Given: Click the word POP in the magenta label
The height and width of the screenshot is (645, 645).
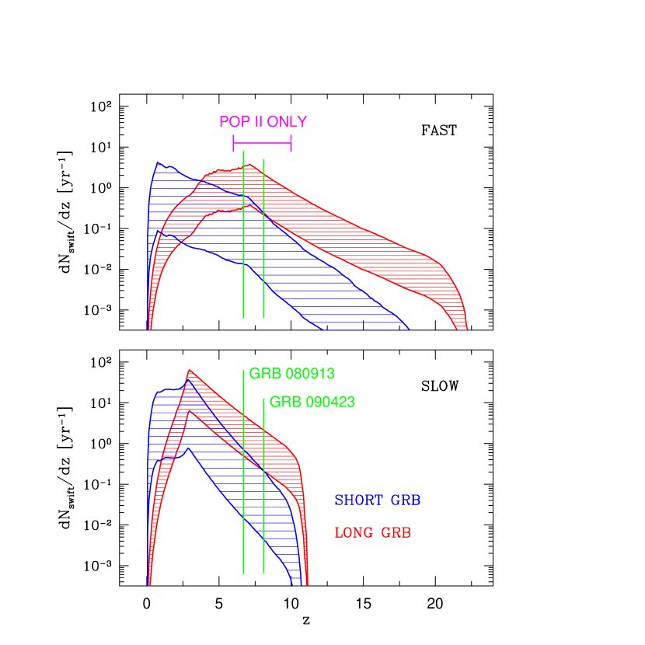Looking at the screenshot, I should tap(231, 122).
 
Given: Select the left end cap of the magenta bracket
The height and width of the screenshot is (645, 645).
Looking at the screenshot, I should tap(233, 143).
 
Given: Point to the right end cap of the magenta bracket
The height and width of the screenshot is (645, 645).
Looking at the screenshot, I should tap(291, 143).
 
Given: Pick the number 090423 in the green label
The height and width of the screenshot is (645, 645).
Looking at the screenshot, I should tap(330, 403).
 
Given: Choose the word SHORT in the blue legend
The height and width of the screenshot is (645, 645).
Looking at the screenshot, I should tap(357, 500).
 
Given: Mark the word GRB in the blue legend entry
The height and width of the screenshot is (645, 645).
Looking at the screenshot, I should tap(406, 500).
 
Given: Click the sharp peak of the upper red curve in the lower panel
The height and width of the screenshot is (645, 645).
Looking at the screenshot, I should tap(188, 371).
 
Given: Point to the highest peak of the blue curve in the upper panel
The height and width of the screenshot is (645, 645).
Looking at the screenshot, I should tap(159, 162).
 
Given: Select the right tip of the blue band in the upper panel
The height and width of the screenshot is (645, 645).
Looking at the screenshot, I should tap(409, 329).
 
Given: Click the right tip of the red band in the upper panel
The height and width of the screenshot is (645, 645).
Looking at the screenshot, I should tap(466, 329).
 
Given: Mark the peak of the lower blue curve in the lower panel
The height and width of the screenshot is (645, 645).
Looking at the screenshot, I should tap(187, 448).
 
